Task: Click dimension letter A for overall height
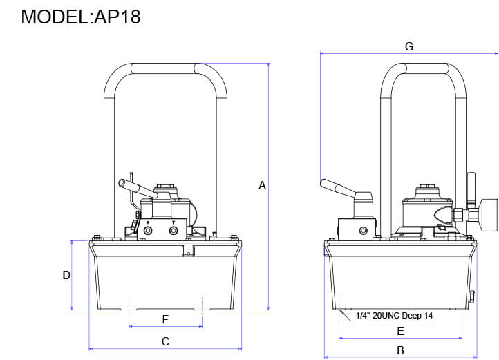(262, 185)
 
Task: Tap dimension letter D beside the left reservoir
(66, 275)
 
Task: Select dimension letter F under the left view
(165, 319)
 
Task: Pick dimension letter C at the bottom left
(165, 341)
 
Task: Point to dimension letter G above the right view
(408, 46)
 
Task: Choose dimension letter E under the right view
(400, 330)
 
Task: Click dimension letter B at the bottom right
(400, 350)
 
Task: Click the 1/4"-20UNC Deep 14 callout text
(394, 316)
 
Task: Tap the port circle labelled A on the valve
(147, 231)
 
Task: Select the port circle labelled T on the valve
(173, 231)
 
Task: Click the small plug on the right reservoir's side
(473, 297)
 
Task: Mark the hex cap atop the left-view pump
(165, 187)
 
